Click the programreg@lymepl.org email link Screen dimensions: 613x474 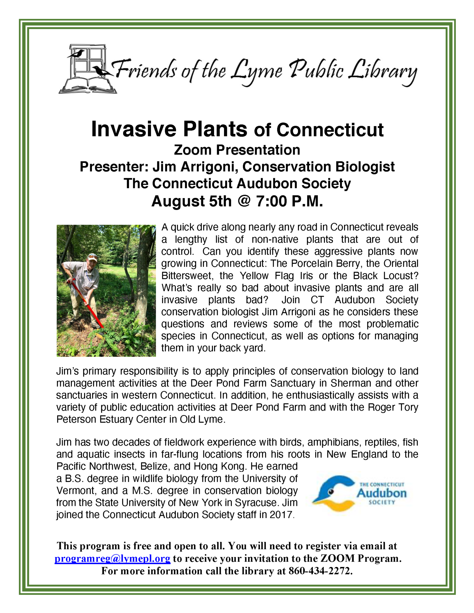pos(112,559)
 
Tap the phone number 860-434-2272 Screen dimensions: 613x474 pos(319,571)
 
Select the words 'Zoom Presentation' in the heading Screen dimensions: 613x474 pos(237,150)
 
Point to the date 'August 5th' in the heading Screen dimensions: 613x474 pos(191,201)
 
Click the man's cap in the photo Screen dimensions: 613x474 pos(92,257)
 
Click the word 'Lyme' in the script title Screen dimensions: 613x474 pos(256,72)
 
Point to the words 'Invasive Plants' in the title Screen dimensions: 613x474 pos(169,129)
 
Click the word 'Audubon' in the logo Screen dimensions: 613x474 pos(381,493)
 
